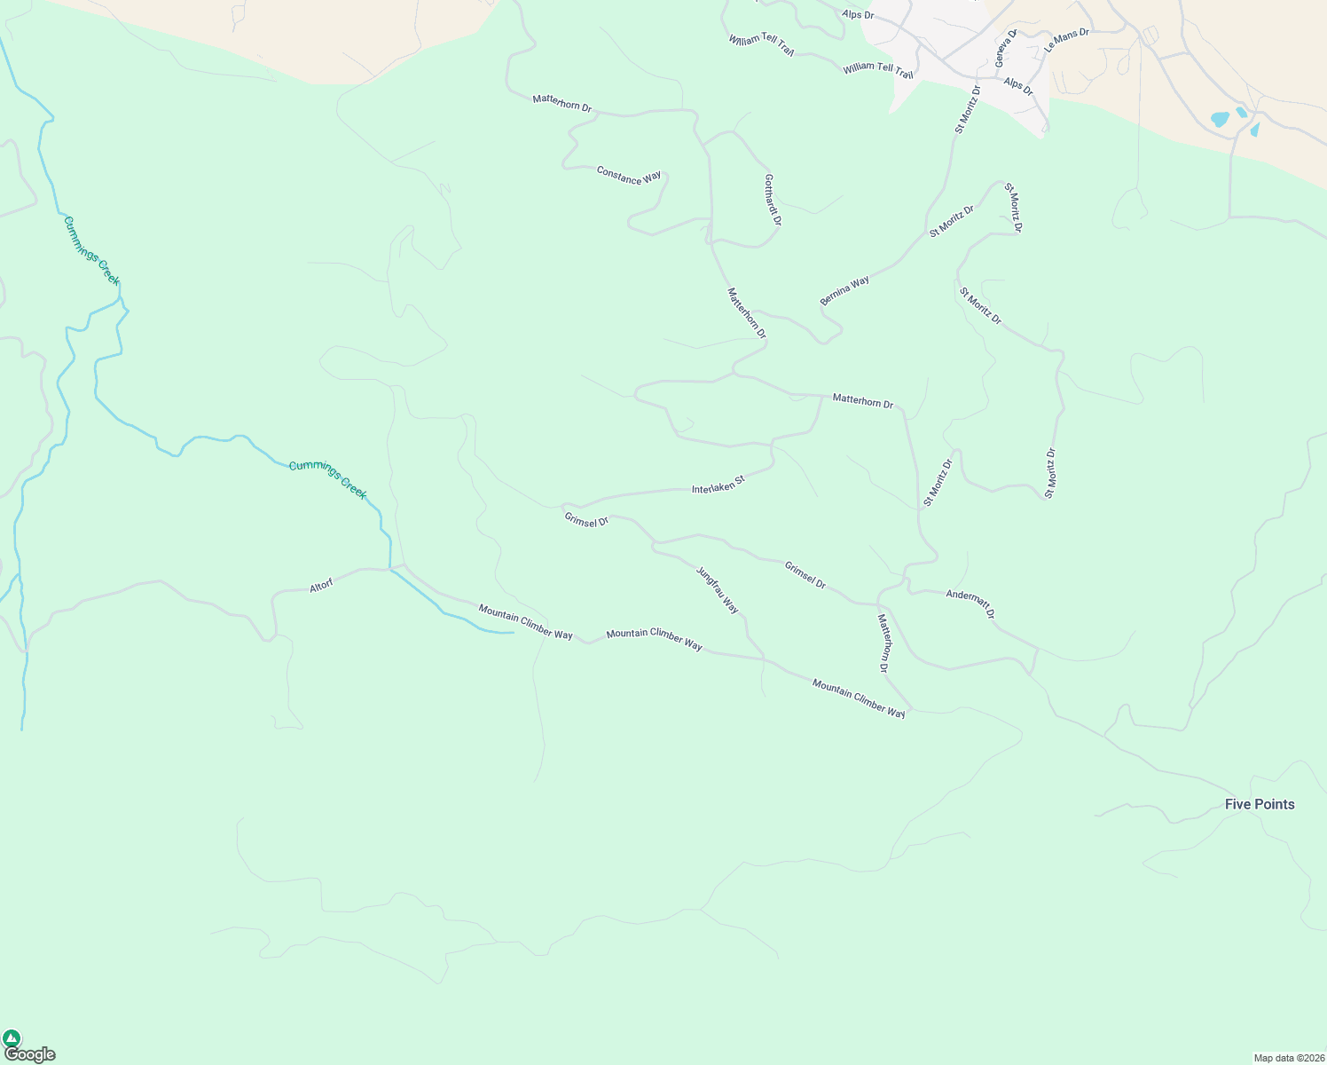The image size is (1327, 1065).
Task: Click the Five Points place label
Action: tap(1259, 804)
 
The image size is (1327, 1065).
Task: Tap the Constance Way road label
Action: tap(629, 175)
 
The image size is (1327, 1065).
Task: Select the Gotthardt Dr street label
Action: tap(772, 200)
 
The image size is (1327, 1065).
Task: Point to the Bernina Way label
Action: tap(844, 290)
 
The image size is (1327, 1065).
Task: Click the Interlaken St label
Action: tap(718, 484)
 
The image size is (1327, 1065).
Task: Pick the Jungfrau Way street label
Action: tap(717, 590)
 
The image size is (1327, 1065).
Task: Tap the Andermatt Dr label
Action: tap(970, 603)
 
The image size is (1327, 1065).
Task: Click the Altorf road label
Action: tap(321, 586)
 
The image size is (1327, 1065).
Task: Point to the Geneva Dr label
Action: tap(1004, 48)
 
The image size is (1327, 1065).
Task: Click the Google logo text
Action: tap(29, 1054)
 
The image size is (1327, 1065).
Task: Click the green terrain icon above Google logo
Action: tap(12, 1037)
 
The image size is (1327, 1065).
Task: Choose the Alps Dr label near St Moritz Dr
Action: tap(1018, 86)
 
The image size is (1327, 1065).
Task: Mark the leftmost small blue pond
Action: tap(1221, 119)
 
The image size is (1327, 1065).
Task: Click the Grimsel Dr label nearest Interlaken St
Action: tap(586, 519)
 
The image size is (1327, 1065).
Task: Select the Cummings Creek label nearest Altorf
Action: tap(327, 479)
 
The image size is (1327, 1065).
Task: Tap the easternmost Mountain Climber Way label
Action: tap(859, 698)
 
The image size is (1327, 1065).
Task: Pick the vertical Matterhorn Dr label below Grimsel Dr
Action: tap(883, 643)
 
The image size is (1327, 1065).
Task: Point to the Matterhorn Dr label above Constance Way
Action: tap(561, 103)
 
